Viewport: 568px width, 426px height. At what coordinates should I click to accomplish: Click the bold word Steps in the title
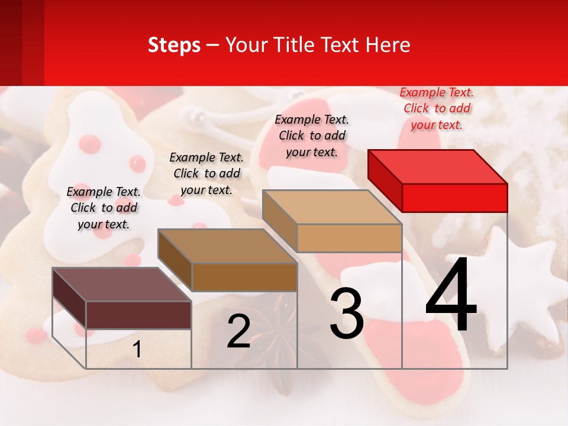(x=174, y=45)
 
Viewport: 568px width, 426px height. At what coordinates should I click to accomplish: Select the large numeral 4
(x=451, y=296)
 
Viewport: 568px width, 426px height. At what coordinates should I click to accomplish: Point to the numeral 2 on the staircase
(x=238, y=331)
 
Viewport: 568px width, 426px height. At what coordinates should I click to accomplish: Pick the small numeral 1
(x=137, y=350)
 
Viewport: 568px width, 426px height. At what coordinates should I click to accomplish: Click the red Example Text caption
(x=437, y=108)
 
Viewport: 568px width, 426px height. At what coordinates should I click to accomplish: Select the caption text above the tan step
(x=312, y=135)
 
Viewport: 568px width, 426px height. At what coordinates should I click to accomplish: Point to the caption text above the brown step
(x=206, y=173)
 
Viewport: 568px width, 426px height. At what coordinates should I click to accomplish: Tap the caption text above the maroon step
(x=104, y=208)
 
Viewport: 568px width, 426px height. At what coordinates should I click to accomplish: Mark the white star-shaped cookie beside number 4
(x=521, y=290)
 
